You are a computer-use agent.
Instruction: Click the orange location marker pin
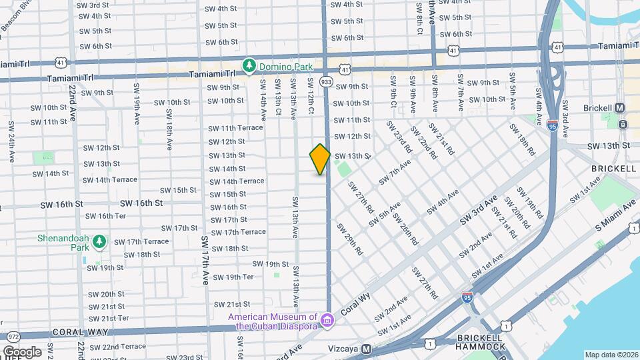(x=320, y=159)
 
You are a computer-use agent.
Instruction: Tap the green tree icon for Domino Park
(x=249, y=65)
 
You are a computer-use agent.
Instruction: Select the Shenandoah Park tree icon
(x=99, y=241)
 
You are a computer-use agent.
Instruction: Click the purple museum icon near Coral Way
(x=327, y=321)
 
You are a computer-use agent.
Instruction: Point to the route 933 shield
(x=326, y=81)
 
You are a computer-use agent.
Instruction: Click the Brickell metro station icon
(x=619, y=107)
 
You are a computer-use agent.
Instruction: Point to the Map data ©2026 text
(x=611, y=355)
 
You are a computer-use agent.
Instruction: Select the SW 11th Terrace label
(x=235, y=128)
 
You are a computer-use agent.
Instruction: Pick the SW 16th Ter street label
(x=102, y=216)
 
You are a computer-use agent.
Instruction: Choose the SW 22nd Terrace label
(x=118, y=347)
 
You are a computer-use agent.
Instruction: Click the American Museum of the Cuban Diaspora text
(x=274, y=321)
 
